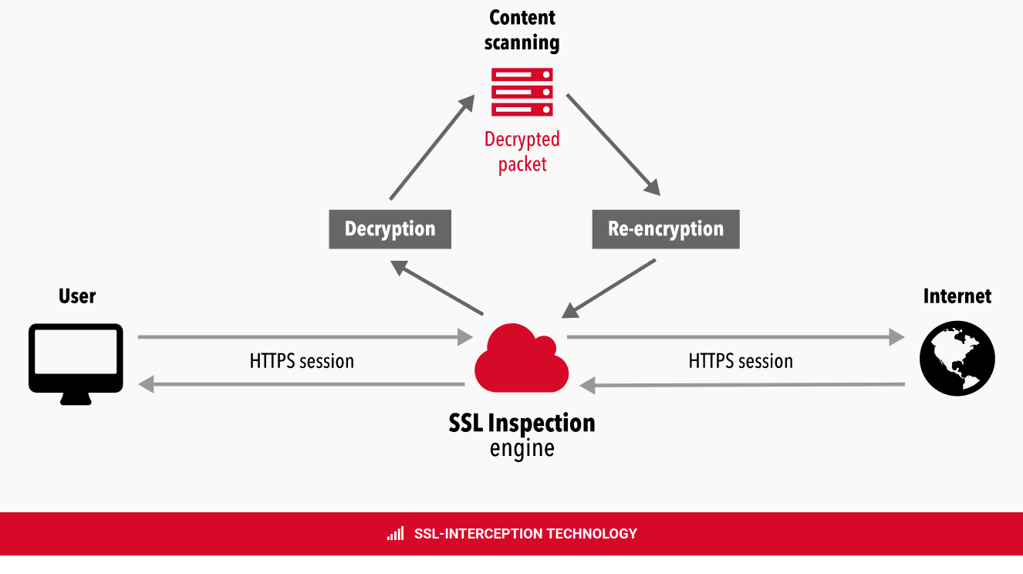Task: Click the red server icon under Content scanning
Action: pos(522,92)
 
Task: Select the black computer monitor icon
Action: pos(76,364)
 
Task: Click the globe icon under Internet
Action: pos(957,359)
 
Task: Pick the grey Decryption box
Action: pos(390,229)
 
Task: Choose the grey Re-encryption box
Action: pos(666,229)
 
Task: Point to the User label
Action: pos(77,296)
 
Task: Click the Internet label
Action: pos(957,296)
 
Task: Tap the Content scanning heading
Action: pos(522,30)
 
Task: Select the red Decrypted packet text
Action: pos(522,152)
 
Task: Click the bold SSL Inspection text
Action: pos(522,424)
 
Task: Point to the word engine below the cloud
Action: pos(522,448)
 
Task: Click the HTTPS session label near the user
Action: pos(302,361)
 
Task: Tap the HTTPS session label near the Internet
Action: pos(741,361)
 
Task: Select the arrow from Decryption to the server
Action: pos(433,147)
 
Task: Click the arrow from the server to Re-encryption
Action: pos(613,145)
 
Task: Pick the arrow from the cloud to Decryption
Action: pos(437,288)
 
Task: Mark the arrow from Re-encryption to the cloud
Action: pos(609,289)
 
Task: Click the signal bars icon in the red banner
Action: pos(396,533)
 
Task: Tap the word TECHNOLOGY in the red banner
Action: pos(592,534)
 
